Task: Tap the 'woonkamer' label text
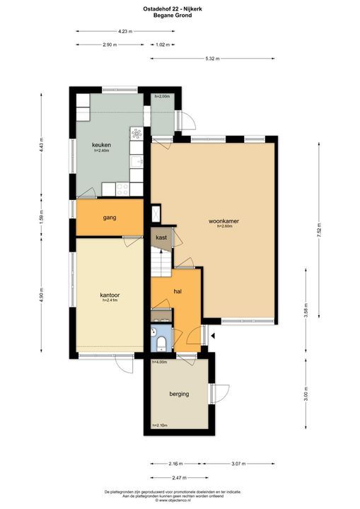pos(223,221)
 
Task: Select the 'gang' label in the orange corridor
pos(109,218)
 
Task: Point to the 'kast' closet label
pos(161,238)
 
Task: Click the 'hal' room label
pos(179,291)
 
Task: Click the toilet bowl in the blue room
pos(162,344)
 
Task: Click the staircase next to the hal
pos(161,262)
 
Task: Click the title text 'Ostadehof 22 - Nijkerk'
pos(180,8)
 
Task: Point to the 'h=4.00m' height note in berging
pos(160,362)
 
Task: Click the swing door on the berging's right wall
pos(221,393)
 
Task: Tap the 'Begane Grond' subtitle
pos(180,14)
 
